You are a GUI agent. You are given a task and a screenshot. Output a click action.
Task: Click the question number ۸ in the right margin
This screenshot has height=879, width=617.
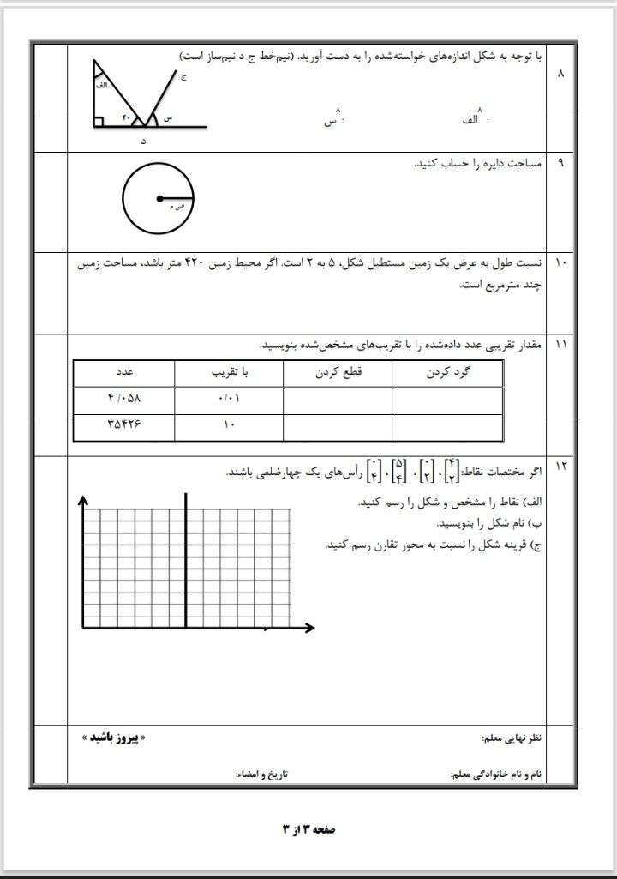561,75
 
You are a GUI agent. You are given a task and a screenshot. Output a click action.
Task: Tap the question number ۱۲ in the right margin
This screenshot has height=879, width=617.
561,466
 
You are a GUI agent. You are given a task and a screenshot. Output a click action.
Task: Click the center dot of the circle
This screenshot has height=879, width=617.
159,199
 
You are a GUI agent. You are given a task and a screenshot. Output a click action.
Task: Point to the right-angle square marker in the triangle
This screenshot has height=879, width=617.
99,122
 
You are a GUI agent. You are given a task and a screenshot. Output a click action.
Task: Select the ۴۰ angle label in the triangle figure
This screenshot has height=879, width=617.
125,117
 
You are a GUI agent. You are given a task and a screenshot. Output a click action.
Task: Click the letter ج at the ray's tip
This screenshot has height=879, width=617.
183,77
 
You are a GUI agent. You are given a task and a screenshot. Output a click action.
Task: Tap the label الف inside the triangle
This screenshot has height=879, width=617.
101,87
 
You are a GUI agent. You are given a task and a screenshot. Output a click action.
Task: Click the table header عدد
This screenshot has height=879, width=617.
124,374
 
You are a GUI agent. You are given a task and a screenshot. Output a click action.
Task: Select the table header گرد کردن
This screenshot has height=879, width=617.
446,374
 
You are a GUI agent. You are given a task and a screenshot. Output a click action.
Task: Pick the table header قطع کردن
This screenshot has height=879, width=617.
337,374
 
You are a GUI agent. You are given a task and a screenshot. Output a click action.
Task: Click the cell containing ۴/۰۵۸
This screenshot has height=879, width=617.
124,400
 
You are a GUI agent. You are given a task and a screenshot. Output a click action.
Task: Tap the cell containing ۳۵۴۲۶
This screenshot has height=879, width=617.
124,425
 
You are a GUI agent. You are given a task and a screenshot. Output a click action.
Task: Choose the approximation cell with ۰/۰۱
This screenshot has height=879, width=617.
228,400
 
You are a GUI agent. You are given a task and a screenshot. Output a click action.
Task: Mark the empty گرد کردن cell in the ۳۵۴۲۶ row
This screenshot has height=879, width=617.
446,425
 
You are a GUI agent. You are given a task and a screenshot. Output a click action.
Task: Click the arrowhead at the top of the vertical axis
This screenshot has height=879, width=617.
83,501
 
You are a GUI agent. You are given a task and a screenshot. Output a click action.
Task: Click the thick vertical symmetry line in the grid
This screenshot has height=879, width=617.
186,557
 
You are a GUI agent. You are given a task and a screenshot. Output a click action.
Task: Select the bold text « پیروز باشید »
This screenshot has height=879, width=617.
107,737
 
